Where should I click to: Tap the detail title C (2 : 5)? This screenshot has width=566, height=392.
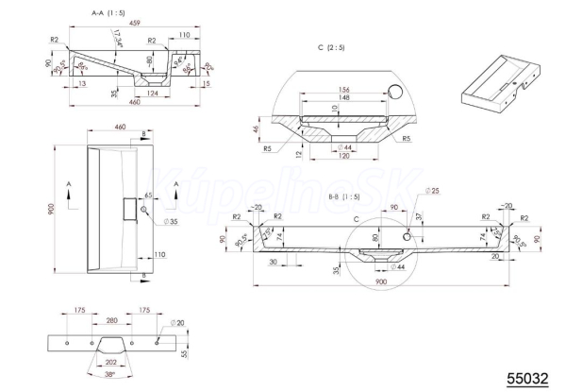tap(335, 46)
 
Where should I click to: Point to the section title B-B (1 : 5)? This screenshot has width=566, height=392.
tap(342, 196)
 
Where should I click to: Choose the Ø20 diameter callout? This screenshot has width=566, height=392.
tap(179, 324)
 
